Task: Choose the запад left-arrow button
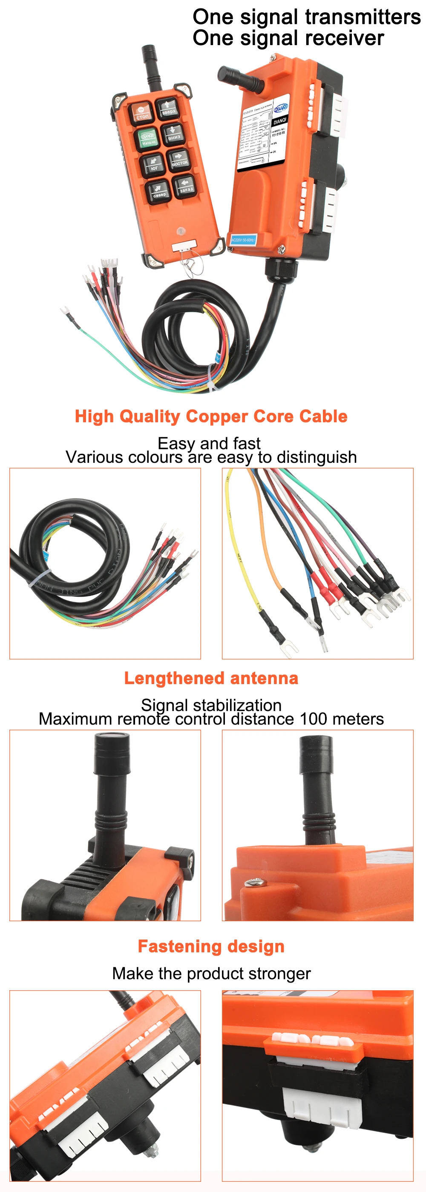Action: pos(185,186)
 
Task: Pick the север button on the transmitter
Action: pos(159,191)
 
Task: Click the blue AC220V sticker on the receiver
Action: pos(243,240)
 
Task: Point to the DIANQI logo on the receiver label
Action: pos(281,107)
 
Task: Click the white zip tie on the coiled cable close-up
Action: pos(39,579)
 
